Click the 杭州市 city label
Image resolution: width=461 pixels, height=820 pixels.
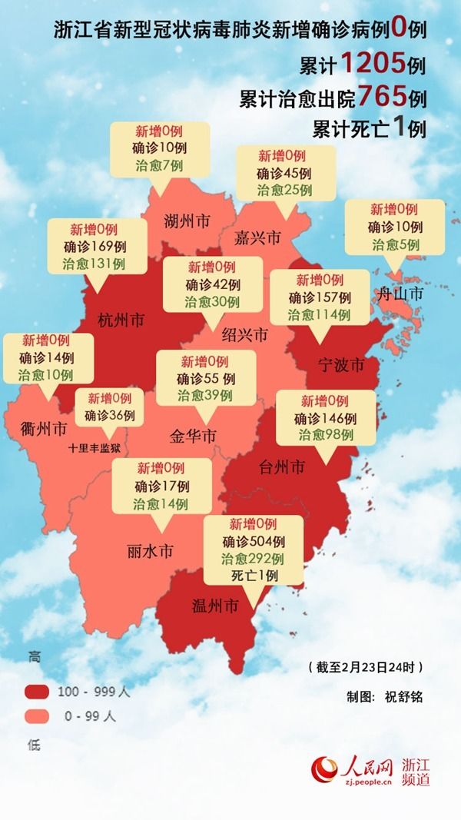122,319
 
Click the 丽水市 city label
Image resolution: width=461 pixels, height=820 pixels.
150,551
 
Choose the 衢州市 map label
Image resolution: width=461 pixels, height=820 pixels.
44,427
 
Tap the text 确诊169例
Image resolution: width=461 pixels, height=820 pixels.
97,247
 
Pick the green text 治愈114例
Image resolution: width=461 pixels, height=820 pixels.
319,314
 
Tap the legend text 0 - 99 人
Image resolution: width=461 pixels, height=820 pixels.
88,716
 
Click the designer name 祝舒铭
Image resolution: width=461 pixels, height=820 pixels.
403,697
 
